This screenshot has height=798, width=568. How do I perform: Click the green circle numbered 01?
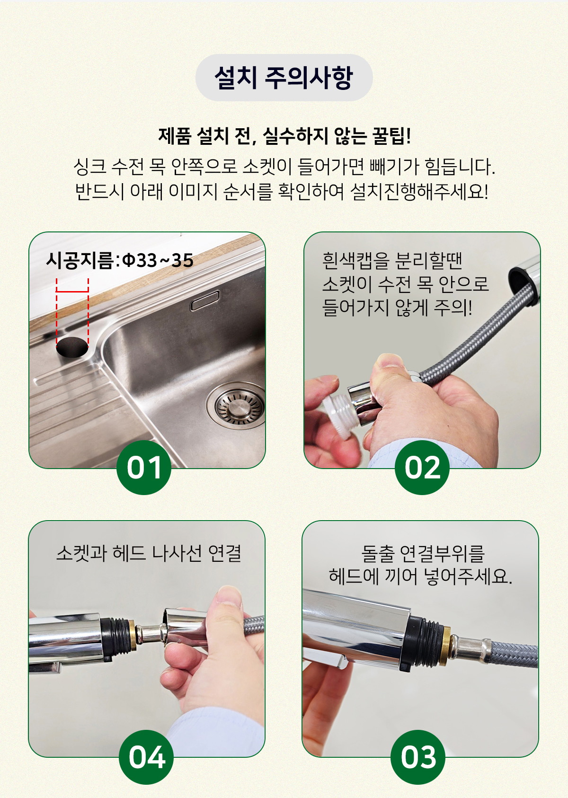coord(144,468)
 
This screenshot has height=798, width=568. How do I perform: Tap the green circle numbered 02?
coord(422,468)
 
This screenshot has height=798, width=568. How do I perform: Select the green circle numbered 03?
coord(418,757)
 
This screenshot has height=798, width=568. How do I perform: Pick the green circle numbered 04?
coord(146,757)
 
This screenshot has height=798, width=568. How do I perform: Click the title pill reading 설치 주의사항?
coord(284,77)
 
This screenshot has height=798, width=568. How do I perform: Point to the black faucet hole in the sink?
coord(72,346)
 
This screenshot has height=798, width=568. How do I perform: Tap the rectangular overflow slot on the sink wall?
coord(204,301)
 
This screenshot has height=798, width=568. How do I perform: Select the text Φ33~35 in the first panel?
coord(158,260)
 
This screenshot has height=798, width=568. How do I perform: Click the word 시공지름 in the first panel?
coord(80,260)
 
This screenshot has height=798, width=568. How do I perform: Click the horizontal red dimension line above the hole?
coord(72,292)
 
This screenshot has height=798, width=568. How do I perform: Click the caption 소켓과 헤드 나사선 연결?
coord(149,553)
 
